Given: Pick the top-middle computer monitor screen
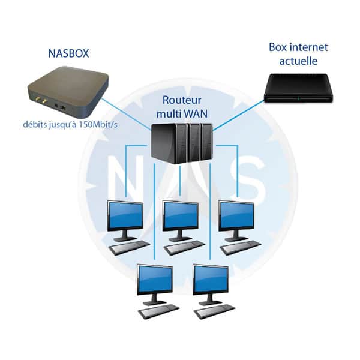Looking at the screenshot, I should [x=181, y=215].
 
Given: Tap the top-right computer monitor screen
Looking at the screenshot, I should [x=237, y=215].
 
